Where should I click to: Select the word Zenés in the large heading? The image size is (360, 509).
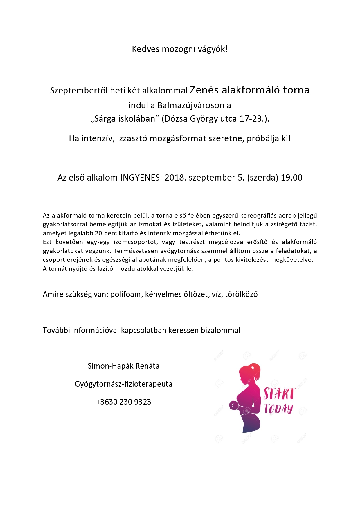[x=204, y=90]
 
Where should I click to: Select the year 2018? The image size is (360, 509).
[x=175, y=178]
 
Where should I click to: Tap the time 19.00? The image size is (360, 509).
[x=291, y=178]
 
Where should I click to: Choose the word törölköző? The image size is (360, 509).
[x=241, y=294]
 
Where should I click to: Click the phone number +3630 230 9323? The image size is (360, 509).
[x=123, y=402]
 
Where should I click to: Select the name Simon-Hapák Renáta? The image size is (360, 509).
[x=123, y=366]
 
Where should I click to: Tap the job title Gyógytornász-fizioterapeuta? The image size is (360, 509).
[x=123, y=384]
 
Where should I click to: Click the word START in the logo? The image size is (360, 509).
[x=279, y=394]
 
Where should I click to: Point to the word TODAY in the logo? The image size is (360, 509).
[x=278, y=409]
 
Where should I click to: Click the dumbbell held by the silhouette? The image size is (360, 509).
[x=234, y=406]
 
